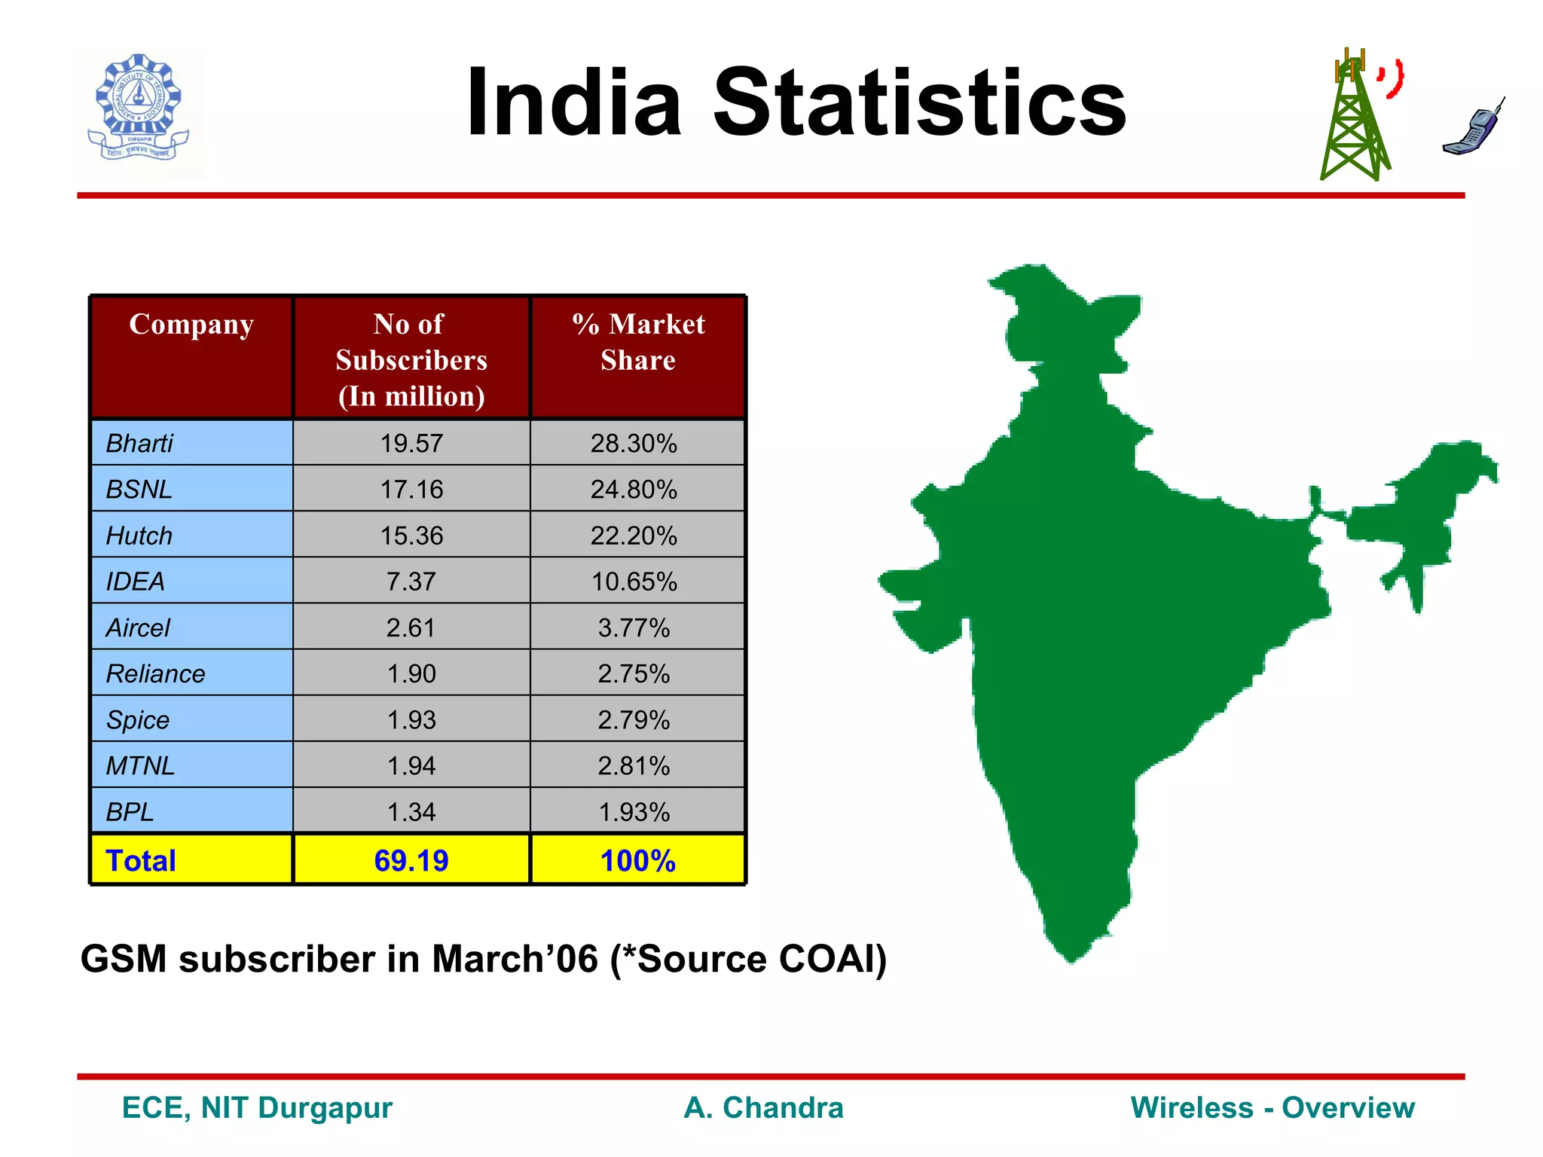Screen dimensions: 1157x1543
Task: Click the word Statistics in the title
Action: coord(918,103)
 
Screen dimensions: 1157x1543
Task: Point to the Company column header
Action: coord(191,324)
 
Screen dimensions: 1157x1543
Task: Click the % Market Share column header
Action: coord(638,342)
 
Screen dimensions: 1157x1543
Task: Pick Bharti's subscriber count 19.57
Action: coord(411,443)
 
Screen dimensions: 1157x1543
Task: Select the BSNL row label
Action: coord(139,490)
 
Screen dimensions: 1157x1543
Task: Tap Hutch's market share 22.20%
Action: coord(634,536)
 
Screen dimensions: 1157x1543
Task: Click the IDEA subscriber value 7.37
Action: coord(411,582)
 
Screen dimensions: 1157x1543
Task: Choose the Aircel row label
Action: coord(139,627)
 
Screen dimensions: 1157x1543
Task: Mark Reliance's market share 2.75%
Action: coord(634,673)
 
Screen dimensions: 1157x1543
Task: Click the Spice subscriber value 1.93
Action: coord(411,720)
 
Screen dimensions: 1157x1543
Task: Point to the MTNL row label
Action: coord(141,766)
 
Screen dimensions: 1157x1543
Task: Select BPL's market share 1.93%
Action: coord(634,812)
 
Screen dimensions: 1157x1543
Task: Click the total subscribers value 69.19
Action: coord(411,860)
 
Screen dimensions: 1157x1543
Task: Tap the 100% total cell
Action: coord(638,860)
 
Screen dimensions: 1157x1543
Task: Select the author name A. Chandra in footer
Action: coord(763,1108)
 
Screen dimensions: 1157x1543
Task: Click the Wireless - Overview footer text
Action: coord(1273,1108)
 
